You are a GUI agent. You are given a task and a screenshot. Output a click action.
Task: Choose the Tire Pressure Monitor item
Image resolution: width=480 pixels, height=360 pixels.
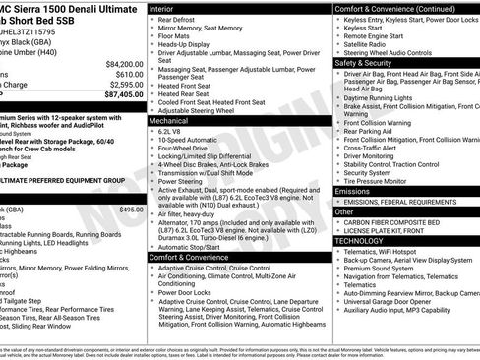[383, 179]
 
